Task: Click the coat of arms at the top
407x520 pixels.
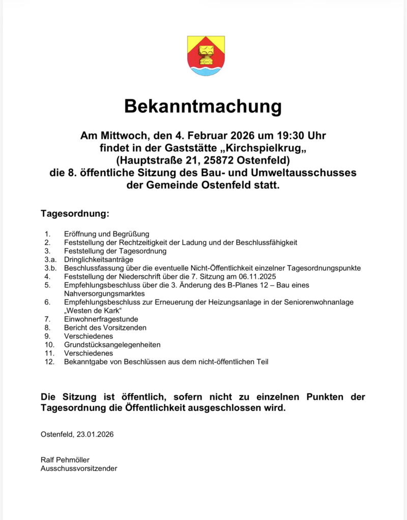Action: [206, 56]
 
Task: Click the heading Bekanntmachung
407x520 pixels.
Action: [203, 107]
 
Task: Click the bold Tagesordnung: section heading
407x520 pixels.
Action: [75, 213]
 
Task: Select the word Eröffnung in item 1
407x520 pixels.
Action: [79, 234]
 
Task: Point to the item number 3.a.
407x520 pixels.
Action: [49, 259]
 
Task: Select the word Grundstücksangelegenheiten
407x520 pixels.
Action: [112, 345]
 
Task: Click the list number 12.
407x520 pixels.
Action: [49, 362]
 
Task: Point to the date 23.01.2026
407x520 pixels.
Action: [95, 434]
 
